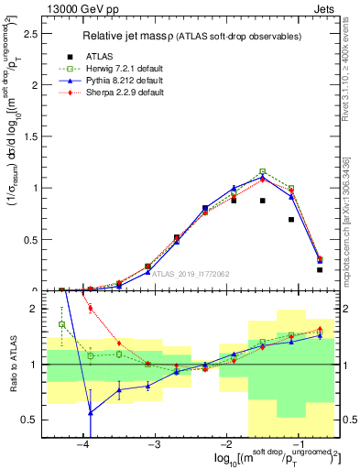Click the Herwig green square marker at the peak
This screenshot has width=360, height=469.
click(x=263, y=171)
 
